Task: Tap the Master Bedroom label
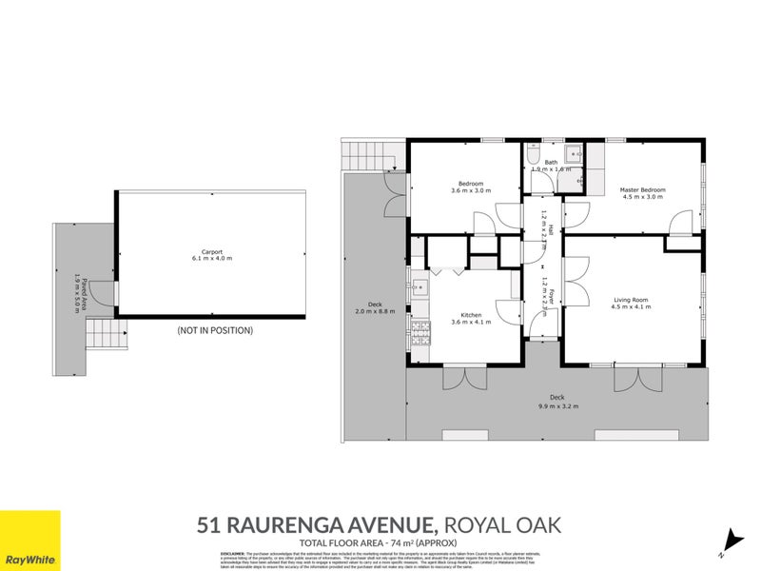(642, 190)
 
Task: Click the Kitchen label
(471, 315)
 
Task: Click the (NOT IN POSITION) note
(215, 331)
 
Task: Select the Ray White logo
(29, 541)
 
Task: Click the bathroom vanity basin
(574, 154)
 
